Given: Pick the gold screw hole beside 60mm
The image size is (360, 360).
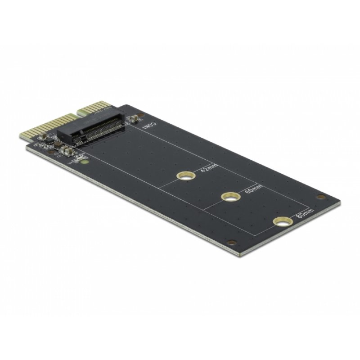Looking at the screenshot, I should coord(230,196).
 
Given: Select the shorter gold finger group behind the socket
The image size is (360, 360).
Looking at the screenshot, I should coord(96,109).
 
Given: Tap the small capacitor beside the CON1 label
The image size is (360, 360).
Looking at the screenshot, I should coord(133,119).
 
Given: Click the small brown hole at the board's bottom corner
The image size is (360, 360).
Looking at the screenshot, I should coord(231,242).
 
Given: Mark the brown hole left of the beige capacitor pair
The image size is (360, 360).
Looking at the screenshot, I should coord(53,152).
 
